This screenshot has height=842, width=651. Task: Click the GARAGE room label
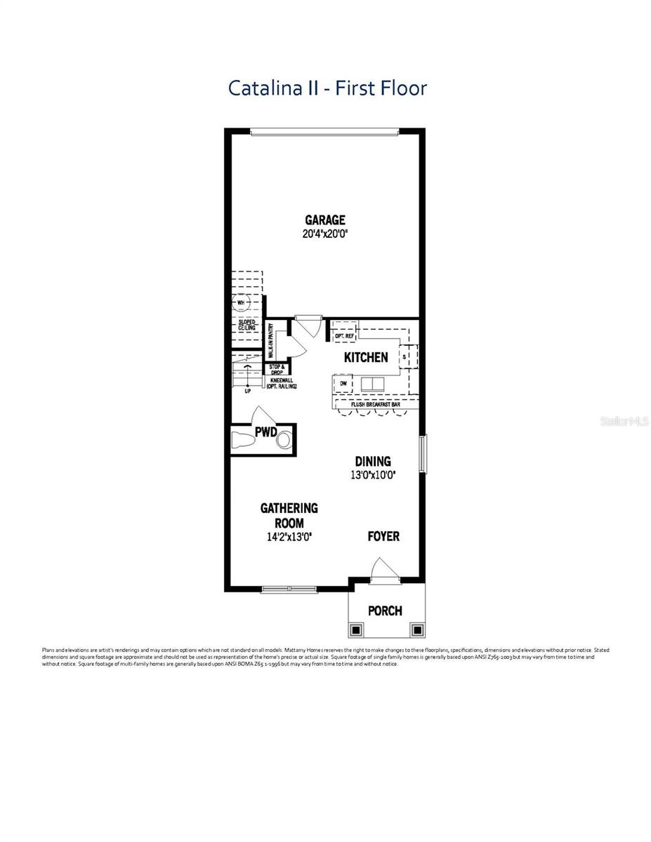(x=324, y=220)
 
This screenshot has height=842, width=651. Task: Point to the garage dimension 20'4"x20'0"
(x=324, y=234)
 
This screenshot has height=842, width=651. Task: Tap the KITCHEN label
(x=365, y=357)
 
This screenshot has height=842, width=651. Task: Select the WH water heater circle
(x=241, y=304)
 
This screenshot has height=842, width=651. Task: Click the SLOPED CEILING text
(x=246, y=325)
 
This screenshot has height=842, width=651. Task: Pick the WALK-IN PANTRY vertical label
(x=270, y=341)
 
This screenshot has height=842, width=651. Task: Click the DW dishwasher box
(x=343, y=384)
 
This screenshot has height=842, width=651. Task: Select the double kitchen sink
(x=372, y=384)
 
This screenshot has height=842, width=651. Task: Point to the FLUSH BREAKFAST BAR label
(x=376, y=404)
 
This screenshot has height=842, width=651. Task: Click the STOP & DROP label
(x=275, y=369)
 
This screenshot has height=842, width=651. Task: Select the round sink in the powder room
(x=283, y=441)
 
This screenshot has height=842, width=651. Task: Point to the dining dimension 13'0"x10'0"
(x=372, y=475)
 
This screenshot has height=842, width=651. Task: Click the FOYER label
(x=383, y=536)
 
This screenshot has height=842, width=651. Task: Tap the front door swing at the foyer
(x=383, y=568)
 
